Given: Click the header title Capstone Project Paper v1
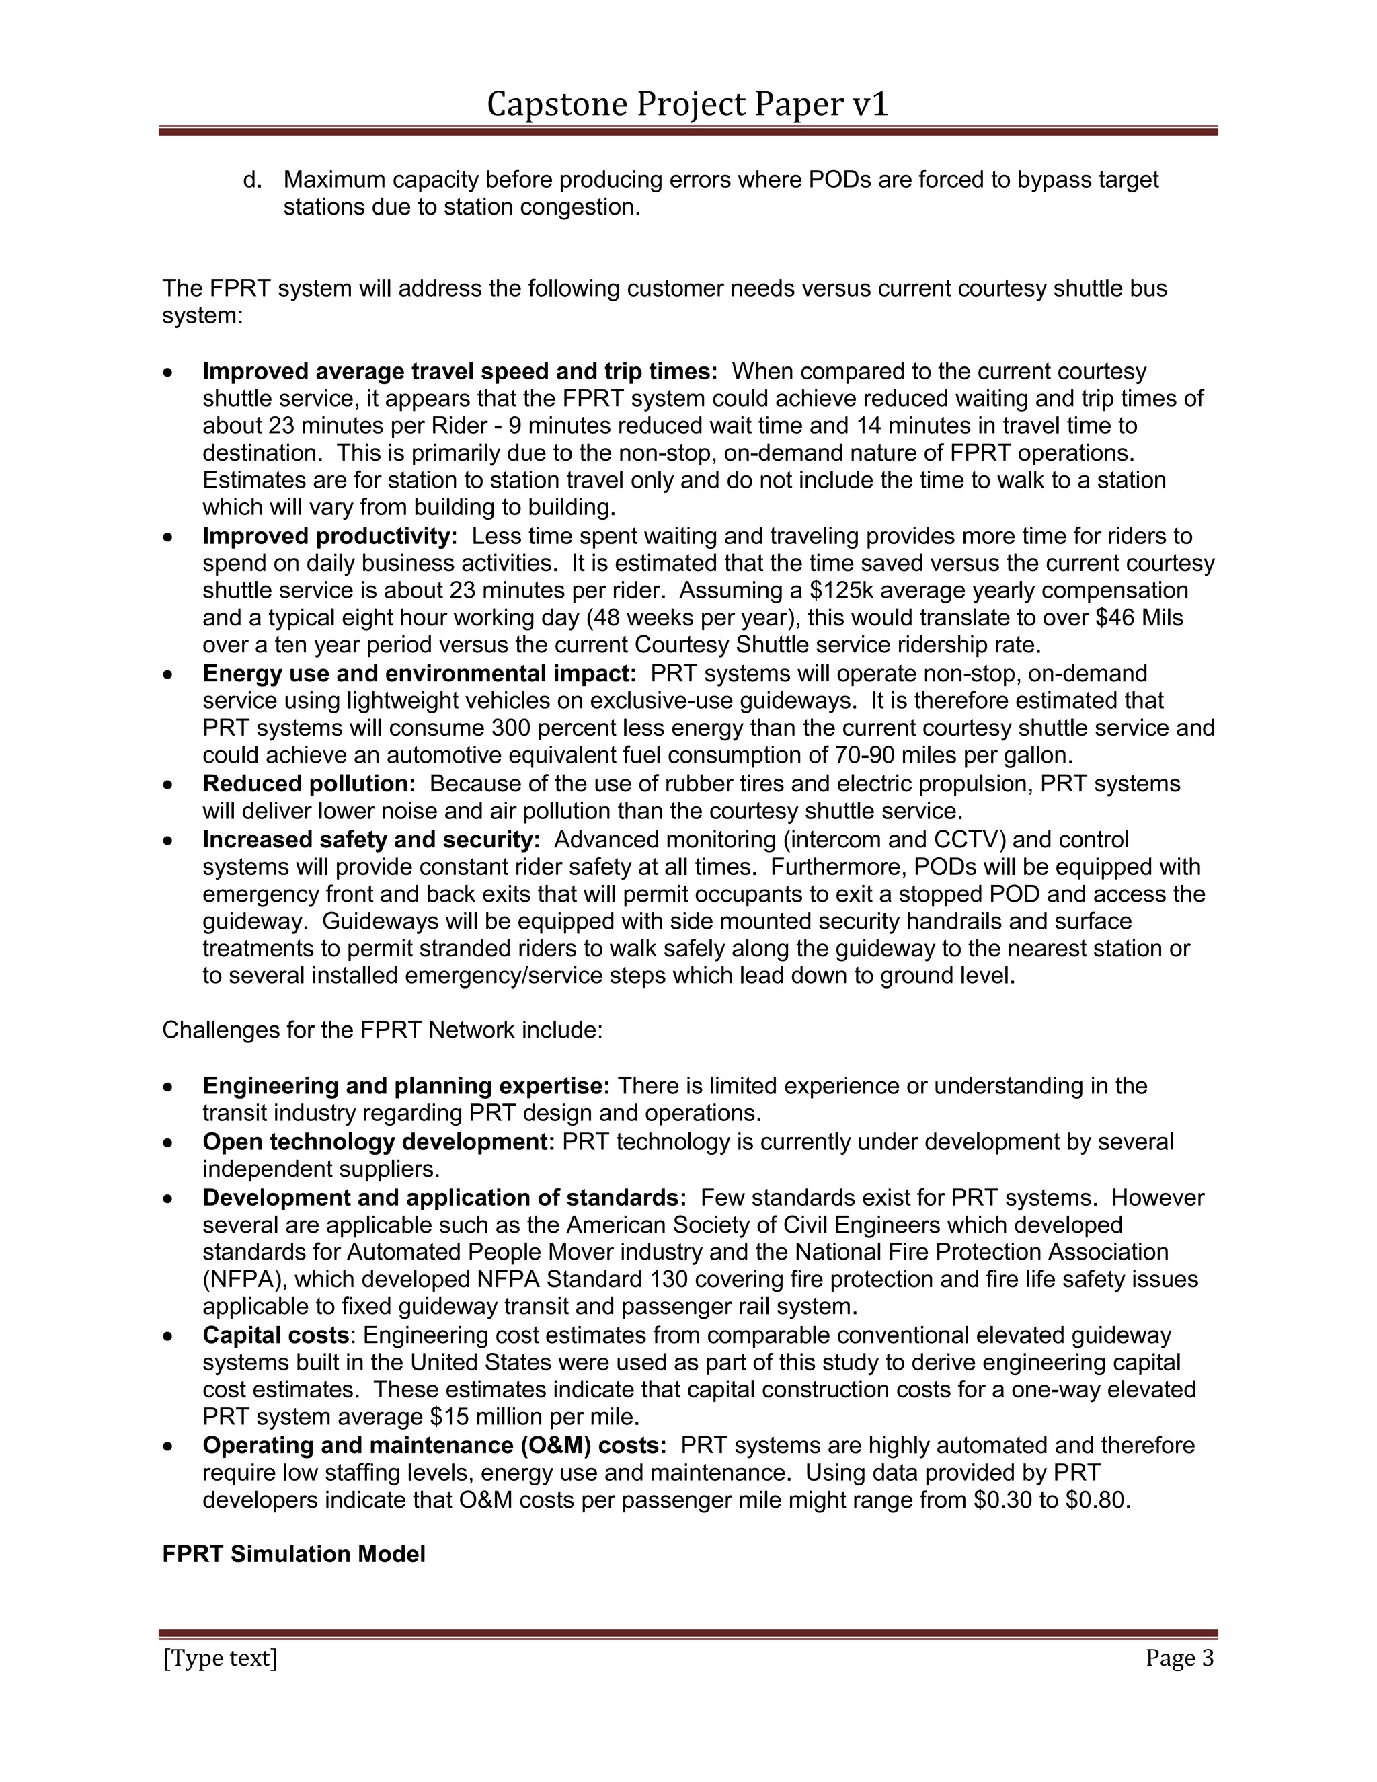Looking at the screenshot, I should [687, 104].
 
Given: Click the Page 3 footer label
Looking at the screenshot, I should [1179, 1658].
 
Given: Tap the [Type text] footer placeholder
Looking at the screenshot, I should [221, 1658].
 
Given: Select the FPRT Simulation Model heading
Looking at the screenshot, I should [294, 1554].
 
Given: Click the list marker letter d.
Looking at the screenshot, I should [252, 180].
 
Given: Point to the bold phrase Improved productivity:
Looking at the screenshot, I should [329, 536].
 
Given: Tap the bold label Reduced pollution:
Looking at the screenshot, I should [309, 784].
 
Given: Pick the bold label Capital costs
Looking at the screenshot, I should [276, 1335].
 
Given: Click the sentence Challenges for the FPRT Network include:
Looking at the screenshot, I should [382, 1030].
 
